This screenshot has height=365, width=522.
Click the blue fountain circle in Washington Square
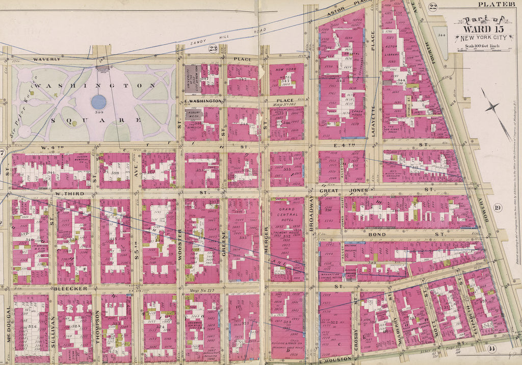98,101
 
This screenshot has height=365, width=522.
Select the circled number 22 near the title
433,6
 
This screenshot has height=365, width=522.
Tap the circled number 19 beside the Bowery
498,207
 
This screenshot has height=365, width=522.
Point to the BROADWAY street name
312,216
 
